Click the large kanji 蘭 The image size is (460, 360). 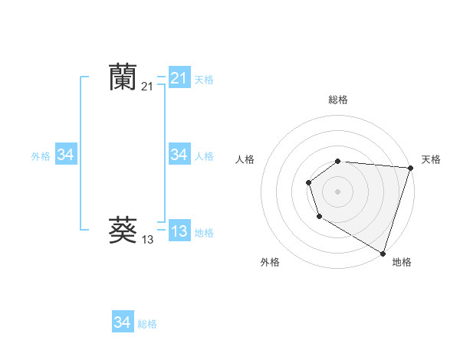(123, 77)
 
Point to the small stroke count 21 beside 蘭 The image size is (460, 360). (147, 87)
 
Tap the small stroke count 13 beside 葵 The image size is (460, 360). (147, 240)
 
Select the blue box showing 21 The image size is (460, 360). (179, 78)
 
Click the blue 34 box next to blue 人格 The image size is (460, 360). (179, 155)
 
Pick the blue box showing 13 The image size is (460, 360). (179, 231)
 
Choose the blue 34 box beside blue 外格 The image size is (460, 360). (66, 155)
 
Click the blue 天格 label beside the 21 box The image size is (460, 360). (204, 79)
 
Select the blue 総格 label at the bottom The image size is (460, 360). (147, 324)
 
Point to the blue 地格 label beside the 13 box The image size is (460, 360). (204, 232)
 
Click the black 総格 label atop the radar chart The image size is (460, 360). (338, 100)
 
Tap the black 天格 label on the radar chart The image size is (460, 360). (431, 159)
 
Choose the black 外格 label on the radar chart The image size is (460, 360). (270, 262)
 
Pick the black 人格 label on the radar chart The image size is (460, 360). (245, 159)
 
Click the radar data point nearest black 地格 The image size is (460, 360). (383, 252)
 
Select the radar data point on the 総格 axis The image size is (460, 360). (338, 161)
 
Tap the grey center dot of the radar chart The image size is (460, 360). (338, 191)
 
